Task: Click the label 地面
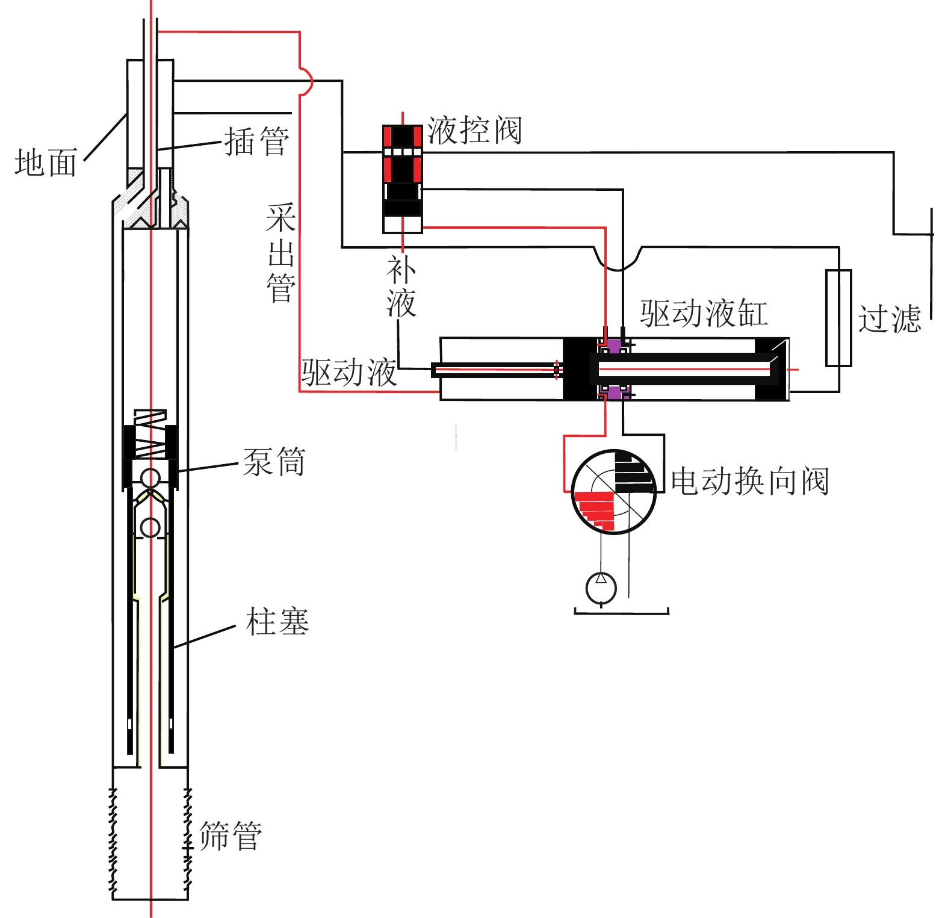(x=46, y=163)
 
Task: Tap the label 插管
(x=257, y=142)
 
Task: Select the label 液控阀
(x=474, y=130)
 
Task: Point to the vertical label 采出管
(x=281, y=253)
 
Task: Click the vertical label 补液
(x=401, y=287)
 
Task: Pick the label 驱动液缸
(x=704, y=313)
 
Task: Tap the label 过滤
(x=890, y=318)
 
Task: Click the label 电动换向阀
(x=750, y=481)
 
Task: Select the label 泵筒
(x=274, y=462)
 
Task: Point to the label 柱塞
(x=277, y=621)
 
